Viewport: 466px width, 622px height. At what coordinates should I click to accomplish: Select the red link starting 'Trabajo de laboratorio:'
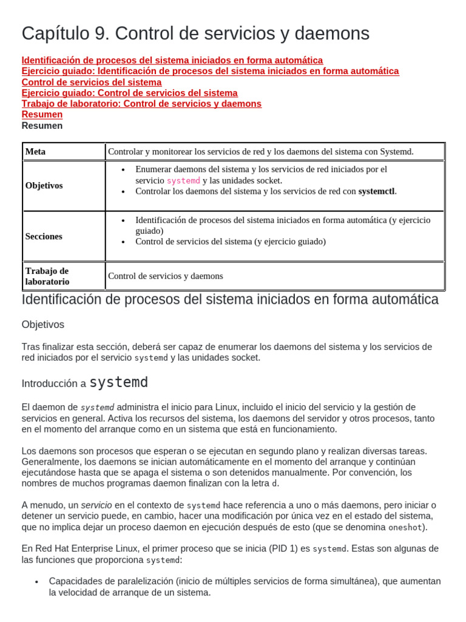click(x=141, y=104)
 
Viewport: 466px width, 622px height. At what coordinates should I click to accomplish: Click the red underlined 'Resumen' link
click(x=42, y=114)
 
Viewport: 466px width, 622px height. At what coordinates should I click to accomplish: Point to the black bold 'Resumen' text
click(x=42, y=126)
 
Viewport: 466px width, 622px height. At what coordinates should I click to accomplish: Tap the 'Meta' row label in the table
click(x=35, y=151)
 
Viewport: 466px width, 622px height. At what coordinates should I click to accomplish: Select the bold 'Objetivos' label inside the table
click(x=44, y=185)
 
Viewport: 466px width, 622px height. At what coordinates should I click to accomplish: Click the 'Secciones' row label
click(x=44, y=236)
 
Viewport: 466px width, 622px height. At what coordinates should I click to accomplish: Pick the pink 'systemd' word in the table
click(x=183, y=180)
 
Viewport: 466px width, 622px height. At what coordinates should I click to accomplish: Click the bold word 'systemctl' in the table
click(x=376, y=191)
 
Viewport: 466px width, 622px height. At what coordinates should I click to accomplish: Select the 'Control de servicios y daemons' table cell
click(x=166, y=276)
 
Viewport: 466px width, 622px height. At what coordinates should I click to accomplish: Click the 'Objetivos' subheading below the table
click(x=42, y=324)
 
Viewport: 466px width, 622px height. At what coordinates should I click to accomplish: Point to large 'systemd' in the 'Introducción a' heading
click(x=119, y=383)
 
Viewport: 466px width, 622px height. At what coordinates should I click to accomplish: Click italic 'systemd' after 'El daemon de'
click(x=97, y=407)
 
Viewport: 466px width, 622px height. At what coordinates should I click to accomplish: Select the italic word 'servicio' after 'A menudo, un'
click(x=96, y=505)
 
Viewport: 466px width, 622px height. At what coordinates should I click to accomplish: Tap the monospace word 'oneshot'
click(x=405, y=527)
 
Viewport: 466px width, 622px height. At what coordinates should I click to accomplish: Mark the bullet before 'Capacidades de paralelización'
click(x=37, y=582)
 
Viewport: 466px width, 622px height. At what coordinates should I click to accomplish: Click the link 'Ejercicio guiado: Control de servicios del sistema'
click(x=129, y=93)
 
